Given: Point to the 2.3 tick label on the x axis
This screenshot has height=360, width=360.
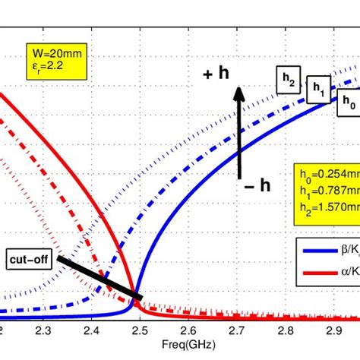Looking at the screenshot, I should click(x=43, y=331).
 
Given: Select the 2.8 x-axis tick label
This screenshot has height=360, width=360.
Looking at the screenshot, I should click(x=284, y=331).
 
